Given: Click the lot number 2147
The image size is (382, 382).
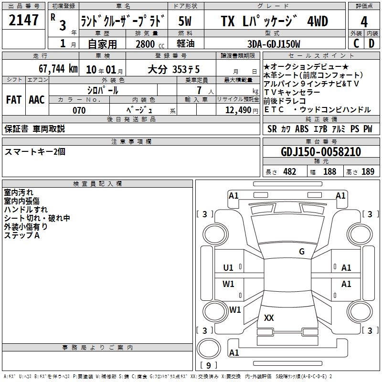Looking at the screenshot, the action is click(x=23, y=20).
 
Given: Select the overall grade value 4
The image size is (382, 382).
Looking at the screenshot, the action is click(x=364, y=22).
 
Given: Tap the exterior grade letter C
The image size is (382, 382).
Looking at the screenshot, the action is click(x=356, y=43).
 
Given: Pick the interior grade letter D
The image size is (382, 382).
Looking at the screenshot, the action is click(x=371, y=43).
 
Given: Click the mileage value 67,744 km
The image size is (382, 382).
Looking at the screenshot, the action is click(x=58, y=69).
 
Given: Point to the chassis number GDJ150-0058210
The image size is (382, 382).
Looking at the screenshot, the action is click(x=321, y=152).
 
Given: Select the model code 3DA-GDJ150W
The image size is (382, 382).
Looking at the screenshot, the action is click(x=274, y=44).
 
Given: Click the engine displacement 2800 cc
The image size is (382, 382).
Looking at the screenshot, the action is click(x=150, y=44).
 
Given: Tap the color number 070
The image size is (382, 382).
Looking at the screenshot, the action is click(x=79, y=110).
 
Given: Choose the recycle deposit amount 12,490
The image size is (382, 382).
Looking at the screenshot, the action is click(x=238, y=110).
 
